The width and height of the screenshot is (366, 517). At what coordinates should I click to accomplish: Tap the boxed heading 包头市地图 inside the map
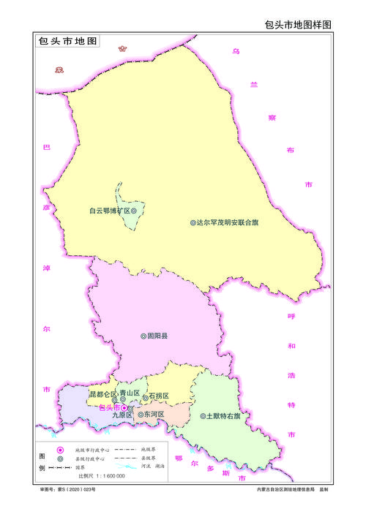click(68, 42)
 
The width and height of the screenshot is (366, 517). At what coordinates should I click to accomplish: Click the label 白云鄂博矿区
click(109, 211)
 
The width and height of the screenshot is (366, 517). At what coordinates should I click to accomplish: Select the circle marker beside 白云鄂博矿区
click(134, 211)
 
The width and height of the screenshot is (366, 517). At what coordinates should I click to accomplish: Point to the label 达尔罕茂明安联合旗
click(227, 222)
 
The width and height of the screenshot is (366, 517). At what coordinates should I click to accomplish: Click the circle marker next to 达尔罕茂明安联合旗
click(193, 222)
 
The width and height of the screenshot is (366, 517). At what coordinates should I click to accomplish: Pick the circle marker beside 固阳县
click(143, 336)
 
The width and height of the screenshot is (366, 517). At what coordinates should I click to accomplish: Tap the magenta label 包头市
click(108, 407)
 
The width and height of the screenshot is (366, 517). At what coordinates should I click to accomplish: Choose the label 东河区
click(154, 415)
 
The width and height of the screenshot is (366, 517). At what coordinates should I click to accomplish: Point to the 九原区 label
click(122, 415)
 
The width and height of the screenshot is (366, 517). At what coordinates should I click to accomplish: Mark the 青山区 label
click(130, 393)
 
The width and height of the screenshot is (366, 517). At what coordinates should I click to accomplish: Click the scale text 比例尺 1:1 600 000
click(102, 476)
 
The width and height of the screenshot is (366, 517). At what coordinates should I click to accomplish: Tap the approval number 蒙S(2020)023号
click(68, 488)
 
